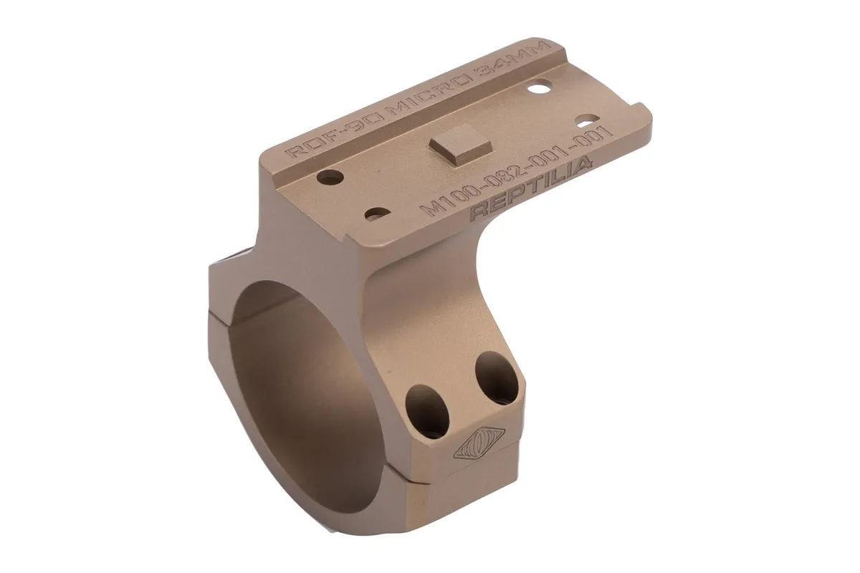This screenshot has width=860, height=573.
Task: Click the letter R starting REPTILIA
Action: tap(479, 212)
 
